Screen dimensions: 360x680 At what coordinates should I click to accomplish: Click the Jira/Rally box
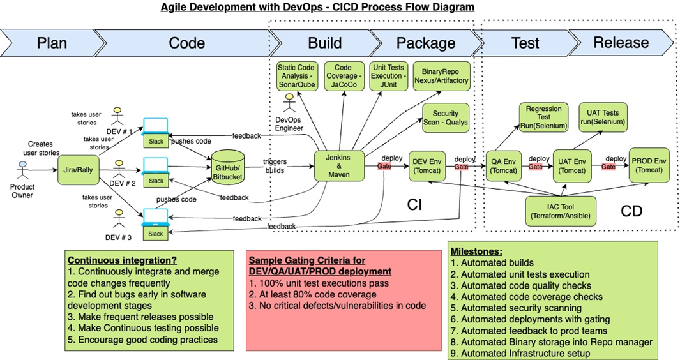tap(79, 170)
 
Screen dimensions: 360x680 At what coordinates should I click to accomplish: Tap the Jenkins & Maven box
tap(339, 165)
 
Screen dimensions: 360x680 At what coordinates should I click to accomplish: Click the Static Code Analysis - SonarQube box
tap(297, 76)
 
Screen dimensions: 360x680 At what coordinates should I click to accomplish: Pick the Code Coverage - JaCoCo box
tap(344, 76)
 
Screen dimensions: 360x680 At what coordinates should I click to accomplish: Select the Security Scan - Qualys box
tap(445, 117)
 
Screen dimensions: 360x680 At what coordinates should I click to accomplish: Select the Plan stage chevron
tap(51, 43)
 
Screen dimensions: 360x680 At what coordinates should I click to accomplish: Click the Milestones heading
tap(476, 251)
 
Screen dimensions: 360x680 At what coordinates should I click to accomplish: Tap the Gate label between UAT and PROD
tap(608, 167)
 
